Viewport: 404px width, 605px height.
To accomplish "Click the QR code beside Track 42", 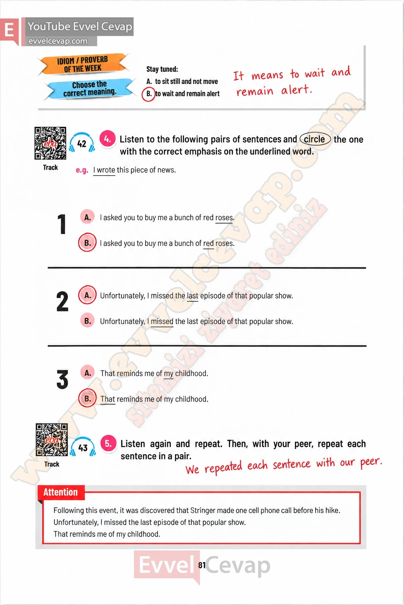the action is (x=50, y=143).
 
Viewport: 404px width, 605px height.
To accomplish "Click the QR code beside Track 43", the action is (x=52, y=440).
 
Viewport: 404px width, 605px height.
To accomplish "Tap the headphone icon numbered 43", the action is (x=83, y=447).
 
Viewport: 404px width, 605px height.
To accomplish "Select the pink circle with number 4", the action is (x=107, y=139).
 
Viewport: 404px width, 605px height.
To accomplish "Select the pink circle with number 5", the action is (x=108, y=444).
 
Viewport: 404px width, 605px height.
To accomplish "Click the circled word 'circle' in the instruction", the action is (x=315, y=139).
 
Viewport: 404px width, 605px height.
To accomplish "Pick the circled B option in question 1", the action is (x=88, y=243).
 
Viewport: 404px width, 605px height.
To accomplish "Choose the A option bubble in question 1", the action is (x=88, y=217).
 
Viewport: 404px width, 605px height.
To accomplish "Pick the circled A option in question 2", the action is (x=88, y=295).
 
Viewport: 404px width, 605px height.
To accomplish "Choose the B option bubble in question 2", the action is (x=88, y=321).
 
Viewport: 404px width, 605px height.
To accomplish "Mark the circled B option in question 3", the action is (x=88, y=398).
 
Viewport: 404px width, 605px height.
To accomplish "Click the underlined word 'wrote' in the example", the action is (x=106, y=170).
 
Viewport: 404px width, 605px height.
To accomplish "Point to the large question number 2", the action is (x=62, y=301).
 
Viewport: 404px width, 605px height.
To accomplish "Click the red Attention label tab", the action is (x=61, y=492).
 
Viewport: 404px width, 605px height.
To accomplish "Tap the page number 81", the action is (x=202, y=565).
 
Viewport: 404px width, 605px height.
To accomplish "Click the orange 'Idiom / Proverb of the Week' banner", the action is (x=82, y=64).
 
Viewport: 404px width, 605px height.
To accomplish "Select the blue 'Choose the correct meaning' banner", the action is (x=89, y=89).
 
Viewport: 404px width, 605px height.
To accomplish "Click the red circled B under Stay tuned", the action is (x=149, y=94).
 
